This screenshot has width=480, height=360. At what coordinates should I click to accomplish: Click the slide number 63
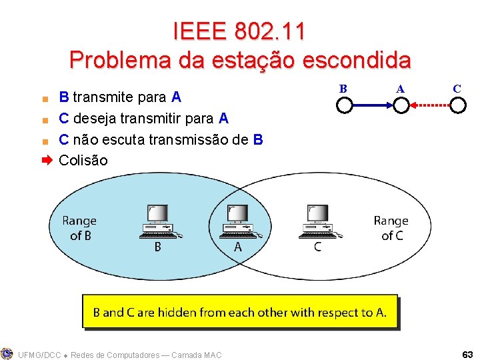pos(467,353)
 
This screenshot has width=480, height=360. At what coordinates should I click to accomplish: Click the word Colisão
pos(83,161)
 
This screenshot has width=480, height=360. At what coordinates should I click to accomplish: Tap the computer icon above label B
pos(159,222)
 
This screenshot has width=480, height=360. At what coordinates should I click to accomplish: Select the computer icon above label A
pos(238,222)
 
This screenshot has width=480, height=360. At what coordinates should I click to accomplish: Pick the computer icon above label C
pos(318,222)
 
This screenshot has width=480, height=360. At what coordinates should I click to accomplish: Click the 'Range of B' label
pos(79,227)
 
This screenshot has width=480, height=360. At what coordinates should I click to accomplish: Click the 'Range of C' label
pos(391,227)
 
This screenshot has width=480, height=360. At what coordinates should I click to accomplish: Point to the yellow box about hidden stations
pos(239,312)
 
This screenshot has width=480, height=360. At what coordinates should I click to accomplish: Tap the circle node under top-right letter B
pos(344,105)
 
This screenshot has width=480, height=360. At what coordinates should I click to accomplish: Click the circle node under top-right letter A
pos(401,105)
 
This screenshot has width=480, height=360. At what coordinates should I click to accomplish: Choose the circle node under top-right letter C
pos(457,105)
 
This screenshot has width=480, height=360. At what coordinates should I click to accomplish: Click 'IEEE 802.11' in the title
pos(239,31)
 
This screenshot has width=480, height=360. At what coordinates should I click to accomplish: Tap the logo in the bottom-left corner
pos(7,353)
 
